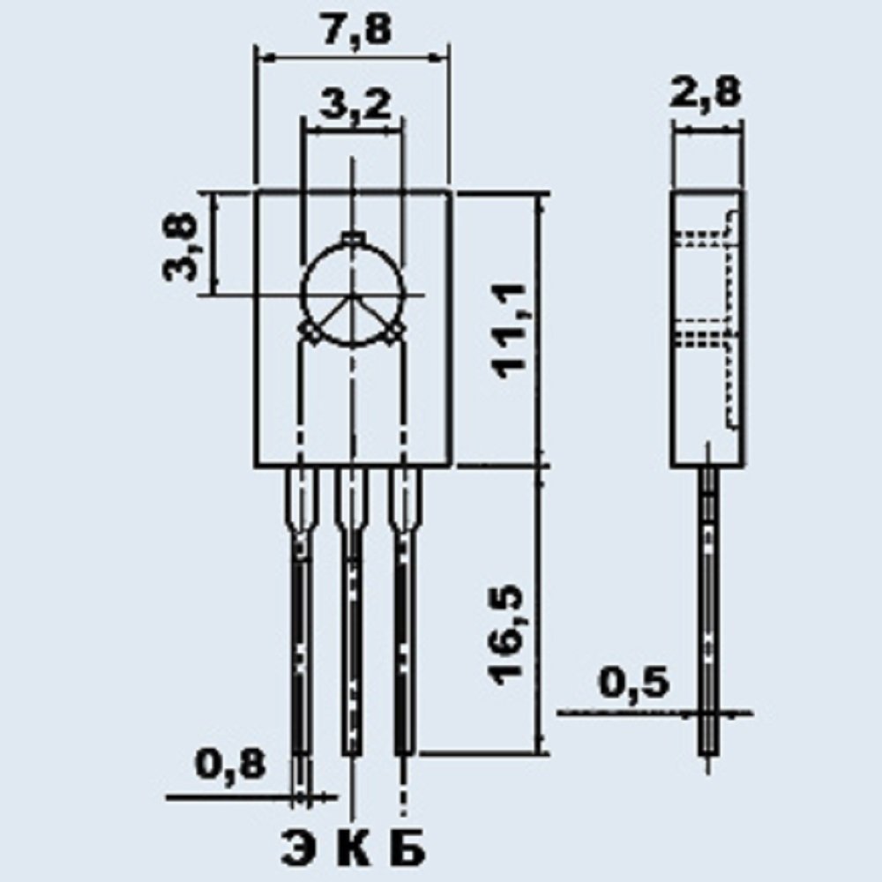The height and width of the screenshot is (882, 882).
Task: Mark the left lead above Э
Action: pos(302,635)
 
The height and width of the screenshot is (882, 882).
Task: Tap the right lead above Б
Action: pos(404,635)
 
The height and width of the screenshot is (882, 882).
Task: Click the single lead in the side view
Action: pos(708,617)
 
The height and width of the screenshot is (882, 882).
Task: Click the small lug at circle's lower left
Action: pos(309,333)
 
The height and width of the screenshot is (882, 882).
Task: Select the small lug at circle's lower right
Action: pos(396,333)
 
